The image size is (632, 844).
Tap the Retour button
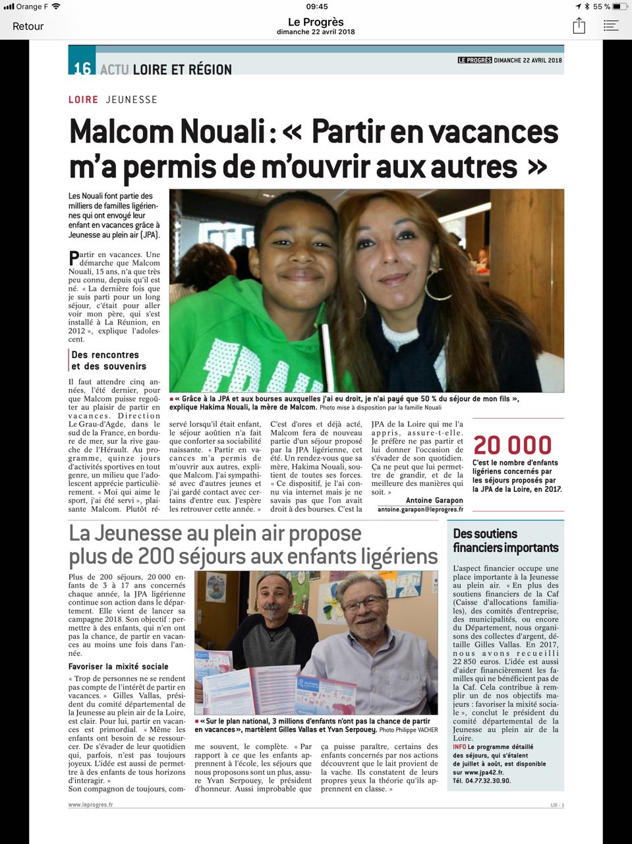tap(28, 26)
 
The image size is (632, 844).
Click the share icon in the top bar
tap(579, 26)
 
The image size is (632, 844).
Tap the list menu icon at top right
tap(611, 26)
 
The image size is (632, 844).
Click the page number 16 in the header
tap(82, 69)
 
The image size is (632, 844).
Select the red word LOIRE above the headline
tap(83, 100)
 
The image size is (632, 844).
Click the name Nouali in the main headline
tap(217, 131)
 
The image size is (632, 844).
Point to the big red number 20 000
tap(512, 446)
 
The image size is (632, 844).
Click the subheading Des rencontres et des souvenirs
tap(109, 361)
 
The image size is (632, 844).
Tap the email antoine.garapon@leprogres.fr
tap(420, 510)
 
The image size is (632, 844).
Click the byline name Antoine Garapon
tap(434, 500)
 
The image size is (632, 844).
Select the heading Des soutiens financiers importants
tap(505, 541)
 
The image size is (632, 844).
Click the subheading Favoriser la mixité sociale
tap(119, 667)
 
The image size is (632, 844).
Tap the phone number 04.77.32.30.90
tap(488, 781)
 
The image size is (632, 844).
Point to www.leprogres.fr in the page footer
tap(91, 804)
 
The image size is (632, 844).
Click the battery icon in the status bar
tap(618, 6)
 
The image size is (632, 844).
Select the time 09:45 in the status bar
tap(317, 6)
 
